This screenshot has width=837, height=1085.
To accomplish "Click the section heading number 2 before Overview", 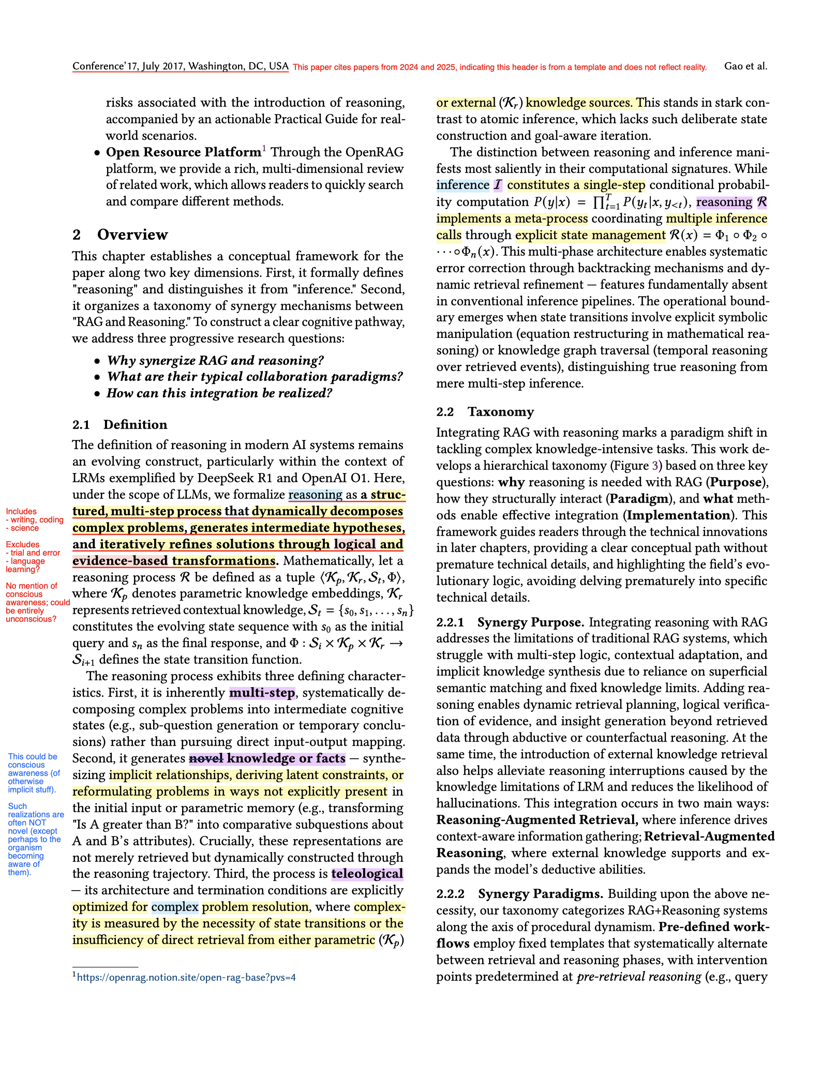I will pyautogui.click(x=77, y=235).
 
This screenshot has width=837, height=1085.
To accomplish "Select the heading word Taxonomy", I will pyautogui.click(x=501, y=412).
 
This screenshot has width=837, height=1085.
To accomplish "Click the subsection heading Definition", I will pyautogui.click(x=135, y=425).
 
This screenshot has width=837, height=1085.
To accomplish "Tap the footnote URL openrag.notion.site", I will pyautogui.click(x=186, y=977).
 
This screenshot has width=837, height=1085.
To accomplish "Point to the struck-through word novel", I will pyautogui.click(x=206, y=759).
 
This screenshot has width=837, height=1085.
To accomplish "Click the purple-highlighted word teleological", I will pyautogui.click(x=367, y=874).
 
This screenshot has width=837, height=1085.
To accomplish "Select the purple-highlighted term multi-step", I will pyautogui.click(x=262, y=692).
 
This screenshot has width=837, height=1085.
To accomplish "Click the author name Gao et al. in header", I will pyautogui.click(x=745, y=66).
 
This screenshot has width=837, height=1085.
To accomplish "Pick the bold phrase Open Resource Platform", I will pyautogui.click(x=184, y=152).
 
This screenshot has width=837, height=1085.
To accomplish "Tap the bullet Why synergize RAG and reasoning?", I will pyautogui.click(x=215, y=360).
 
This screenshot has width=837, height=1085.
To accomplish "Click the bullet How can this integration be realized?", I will pyautogui.click(x=219, y=394).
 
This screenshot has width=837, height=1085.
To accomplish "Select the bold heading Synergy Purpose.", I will pyautogui.click(x=530, y=622).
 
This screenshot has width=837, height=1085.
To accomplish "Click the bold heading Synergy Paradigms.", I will pyautogui.click(x=541, y=894).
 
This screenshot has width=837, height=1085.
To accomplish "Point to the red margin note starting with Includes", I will pyautogui.click(x=34, y=520).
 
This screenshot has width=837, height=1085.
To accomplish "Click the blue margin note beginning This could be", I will pyautogui.click(x=34, y=773).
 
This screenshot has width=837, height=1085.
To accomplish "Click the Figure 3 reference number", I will pyautogui.click(x=655, y=466).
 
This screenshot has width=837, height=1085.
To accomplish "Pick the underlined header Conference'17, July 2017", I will pyautogui.click(x=180, y=66).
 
